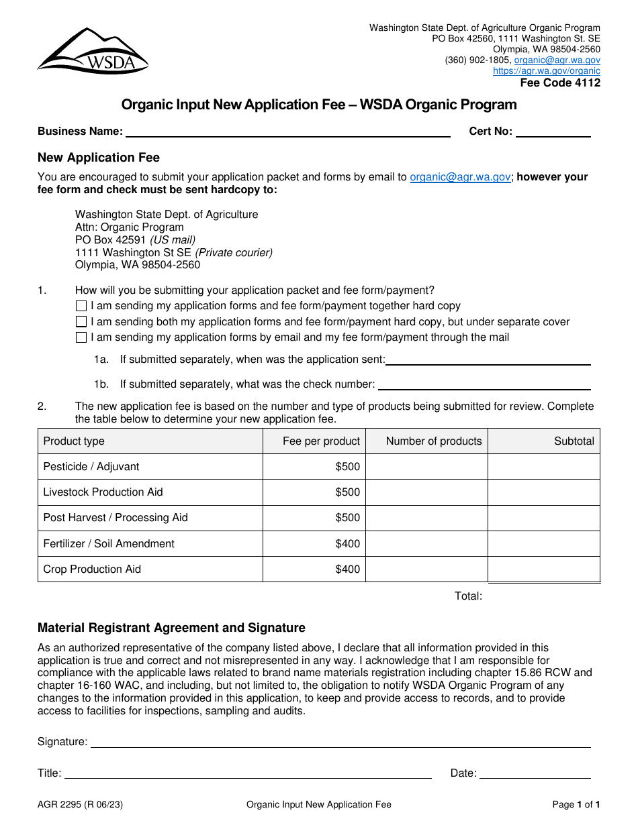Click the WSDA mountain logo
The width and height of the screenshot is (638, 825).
[x=93, y=51]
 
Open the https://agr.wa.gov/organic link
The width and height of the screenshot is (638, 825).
[x=546, y=70]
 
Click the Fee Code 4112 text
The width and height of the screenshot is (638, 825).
[x=560, y=83]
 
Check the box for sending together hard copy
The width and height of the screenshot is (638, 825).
[x=81, y=306]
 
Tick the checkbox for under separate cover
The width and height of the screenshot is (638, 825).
[x=81, y=322]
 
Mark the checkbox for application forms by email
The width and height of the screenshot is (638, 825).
[x=81, y=337]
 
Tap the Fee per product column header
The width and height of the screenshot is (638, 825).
[x=321, y=441]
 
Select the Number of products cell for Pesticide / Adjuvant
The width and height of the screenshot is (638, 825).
[x=426, y=467]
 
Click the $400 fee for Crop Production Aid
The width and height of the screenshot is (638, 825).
[x=348, y=569]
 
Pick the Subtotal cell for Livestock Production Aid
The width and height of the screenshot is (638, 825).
[x=543, y=492]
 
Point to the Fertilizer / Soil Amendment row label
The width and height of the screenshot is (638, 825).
[x=109, y=544]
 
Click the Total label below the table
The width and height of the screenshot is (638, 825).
[x=468, y=596]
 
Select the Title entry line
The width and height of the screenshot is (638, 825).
[x=247, y=773]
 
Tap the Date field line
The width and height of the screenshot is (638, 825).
[x=535, y=773]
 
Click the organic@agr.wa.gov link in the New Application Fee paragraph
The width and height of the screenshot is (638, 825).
[x=460, y=177]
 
